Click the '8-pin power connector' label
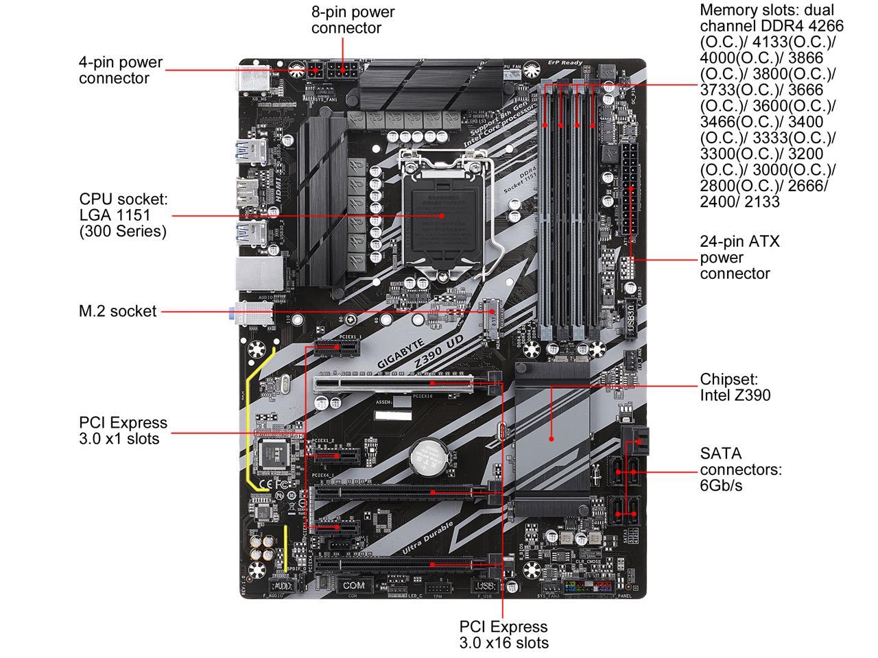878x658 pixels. click(353, 20)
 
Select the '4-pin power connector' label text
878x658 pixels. click(121, 70)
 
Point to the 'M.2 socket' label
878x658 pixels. click(117, 311)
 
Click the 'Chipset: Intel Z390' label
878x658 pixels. click(735, 387)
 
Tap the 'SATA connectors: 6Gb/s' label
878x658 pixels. click(740, 470)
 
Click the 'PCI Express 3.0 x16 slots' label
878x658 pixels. click(503, 635)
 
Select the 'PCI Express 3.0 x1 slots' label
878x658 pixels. click(123, 431)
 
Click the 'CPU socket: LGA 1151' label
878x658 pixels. click(123, 215)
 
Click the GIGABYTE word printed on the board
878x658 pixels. click(403, 350)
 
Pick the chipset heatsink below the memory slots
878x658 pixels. click(552, 439)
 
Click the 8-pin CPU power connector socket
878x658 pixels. click(340, 70)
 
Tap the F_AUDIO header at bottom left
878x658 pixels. click(281, 586)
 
